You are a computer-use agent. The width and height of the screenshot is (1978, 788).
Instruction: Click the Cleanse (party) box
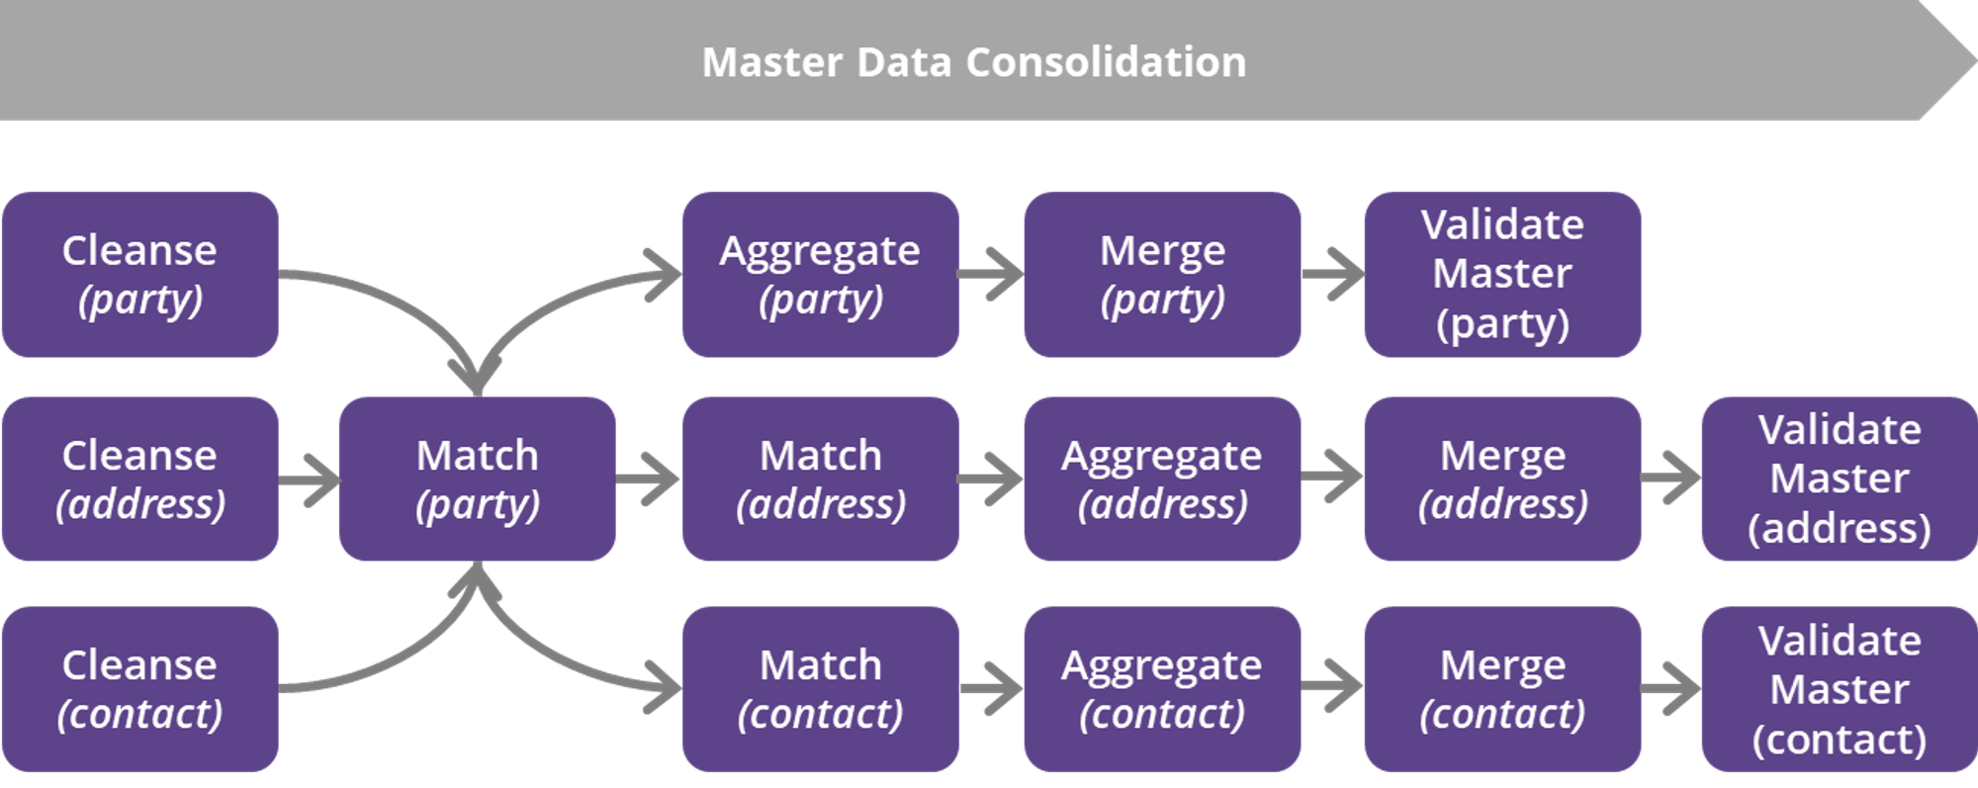[x=139, y=274]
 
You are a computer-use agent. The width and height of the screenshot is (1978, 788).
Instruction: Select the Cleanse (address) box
[x=139, y=480]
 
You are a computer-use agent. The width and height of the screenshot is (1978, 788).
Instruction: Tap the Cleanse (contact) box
[x=139, y=689]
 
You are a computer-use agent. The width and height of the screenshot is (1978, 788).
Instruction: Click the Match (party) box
[x=477, y=480]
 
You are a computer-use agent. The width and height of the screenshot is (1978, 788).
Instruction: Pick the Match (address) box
[x=820, y=480]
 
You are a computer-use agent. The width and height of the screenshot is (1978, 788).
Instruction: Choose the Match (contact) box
[x=820, y=689]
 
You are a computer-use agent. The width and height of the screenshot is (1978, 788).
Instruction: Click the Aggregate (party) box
[x=820, y=274]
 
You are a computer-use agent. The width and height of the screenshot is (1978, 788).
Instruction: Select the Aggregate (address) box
[x=1162, y=480]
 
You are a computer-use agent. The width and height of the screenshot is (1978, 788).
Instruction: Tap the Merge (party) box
[x=1162, y=274]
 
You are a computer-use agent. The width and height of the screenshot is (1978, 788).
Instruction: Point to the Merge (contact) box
[x=1502, y=689]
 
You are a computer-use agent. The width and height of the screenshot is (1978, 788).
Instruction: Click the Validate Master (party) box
[x=1502, y=274]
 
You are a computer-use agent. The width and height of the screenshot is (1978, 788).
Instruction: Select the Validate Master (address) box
[x=1839, y=480]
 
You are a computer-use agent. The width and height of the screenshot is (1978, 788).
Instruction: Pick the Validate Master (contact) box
[x=1839, y=689]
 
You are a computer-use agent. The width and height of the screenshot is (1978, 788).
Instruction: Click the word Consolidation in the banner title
[x=1106, y=62]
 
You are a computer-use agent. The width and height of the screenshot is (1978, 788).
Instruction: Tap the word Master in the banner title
[x=772, y=62]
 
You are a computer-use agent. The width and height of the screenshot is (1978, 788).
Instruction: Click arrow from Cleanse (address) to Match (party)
[x=310, y=481]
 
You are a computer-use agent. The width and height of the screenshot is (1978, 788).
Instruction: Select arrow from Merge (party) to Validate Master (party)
[x=1333, y=274]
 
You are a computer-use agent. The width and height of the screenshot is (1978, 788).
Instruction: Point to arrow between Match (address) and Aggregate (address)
[x=991, y=481]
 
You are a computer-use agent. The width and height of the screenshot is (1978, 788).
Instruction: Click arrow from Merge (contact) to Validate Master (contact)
[x=1671, y=689]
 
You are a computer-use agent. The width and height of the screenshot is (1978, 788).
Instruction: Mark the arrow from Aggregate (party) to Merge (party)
[x=991, y=274]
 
